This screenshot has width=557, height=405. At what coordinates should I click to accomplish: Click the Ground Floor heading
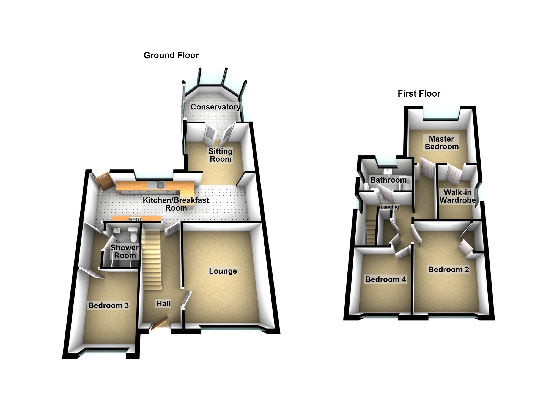(x=171, y=55)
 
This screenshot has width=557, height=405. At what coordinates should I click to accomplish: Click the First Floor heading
(x=419, y=94)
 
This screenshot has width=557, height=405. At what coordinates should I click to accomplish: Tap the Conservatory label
(x=215, y=107)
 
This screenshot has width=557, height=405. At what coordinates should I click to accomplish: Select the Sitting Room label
(x=220, y=155)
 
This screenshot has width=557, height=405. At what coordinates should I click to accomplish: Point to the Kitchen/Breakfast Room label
(x=176, y=204)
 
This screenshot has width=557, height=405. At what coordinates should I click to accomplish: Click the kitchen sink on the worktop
(x=160, y=185)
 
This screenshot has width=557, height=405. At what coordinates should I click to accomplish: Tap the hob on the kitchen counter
(x=135, y=219)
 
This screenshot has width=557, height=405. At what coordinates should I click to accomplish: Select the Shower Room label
(x=125, y=251)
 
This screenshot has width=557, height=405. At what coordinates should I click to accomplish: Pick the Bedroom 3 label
(x=108, y=305)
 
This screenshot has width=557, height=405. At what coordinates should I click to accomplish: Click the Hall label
(x=163, y=304)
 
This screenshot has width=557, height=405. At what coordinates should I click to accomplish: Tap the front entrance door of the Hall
(x=159, y=325)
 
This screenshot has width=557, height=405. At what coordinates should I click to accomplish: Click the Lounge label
(x=223, y=271)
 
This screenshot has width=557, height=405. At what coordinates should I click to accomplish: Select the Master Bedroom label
(x=441, y=143)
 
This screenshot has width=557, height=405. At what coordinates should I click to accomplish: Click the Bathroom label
(x=388, y=180)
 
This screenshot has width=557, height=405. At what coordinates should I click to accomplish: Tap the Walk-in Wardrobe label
(x=458, y=196)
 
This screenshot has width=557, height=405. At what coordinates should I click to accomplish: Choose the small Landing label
(x=389, y=207)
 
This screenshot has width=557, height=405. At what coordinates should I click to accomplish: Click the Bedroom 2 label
(x=449, y=269)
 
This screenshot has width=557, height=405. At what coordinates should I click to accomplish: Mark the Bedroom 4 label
(x=385, y=279)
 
